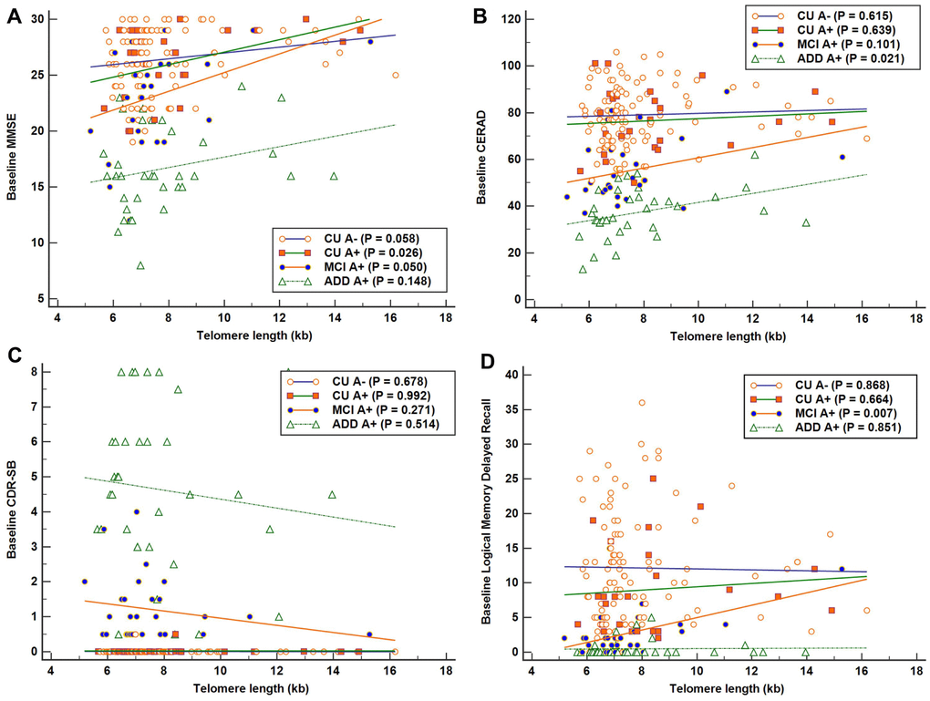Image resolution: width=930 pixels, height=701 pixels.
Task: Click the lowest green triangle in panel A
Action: point(140,265)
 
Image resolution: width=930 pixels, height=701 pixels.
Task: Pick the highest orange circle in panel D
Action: point(642,402)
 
